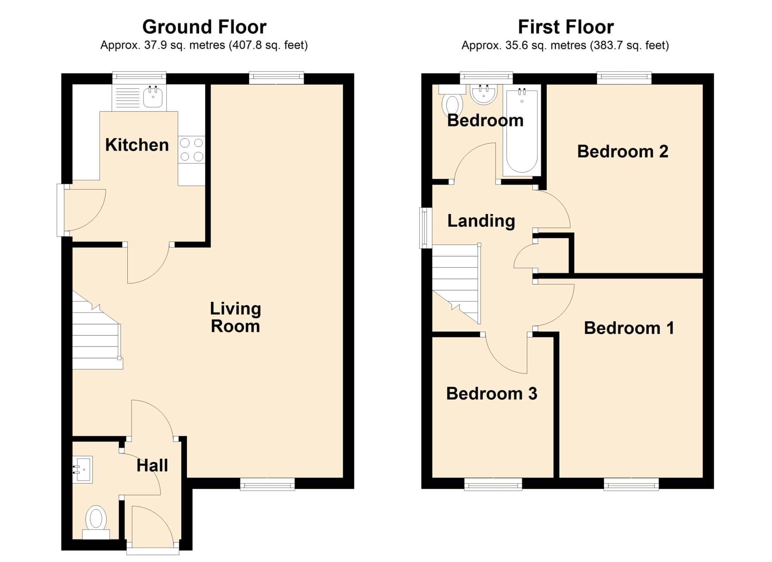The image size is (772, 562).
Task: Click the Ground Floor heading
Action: coord(204,27)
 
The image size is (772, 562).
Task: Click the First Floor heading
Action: coord(566,27)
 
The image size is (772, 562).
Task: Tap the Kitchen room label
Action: coord(137,145)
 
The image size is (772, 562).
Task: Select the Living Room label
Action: coord(236,317)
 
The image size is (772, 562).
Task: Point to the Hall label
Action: coord(152,465)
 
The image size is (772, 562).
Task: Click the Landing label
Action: coord(481,221)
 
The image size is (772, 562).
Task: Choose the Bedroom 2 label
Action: coord(623,151)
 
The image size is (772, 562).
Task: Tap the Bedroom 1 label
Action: coord(629,328)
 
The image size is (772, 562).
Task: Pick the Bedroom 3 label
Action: coord(492,394)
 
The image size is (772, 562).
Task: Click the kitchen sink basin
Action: coord(153,97)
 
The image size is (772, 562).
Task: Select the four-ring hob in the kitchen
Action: coord(191,149)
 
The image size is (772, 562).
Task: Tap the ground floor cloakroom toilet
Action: coord(96,522)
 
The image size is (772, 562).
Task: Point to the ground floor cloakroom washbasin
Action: coord(83,470)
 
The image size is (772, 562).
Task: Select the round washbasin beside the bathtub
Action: coord(484,94)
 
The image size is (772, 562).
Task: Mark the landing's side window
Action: coord(426,228)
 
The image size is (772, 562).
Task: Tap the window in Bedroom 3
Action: coord(493,484)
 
